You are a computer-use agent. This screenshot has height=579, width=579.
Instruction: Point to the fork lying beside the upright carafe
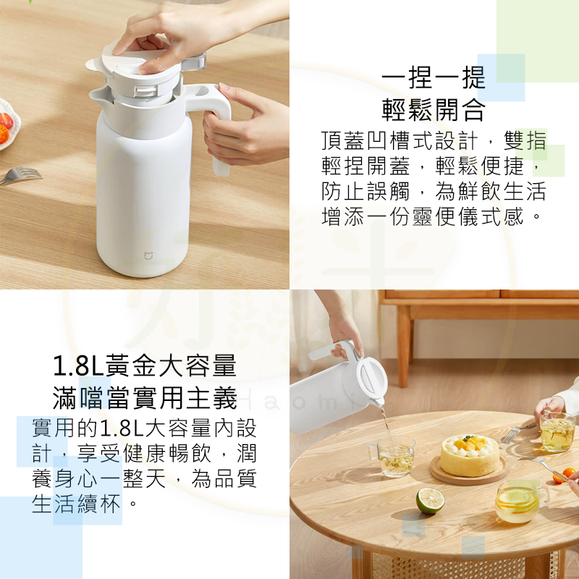click(x=20, y=175)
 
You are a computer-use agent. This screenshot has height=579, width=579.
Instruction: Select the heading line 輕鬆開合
click(x=433, y=109)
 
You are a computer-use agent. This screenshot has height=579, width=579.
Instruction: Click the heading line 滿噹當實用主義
click(x=145, y=397)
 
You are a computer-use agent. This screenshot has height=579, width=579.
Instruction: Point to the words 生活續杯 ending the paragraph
click(x=76, y=504)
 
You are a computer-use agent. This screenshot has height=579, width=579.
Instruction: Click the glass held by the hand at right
click(x=557, y=431)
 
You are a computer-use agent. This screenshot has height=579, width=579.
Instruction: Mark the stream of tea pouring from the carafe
click(x=385, y=420)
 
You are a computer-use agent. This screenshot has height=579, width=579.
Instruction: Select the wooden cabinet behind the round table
click(x=478, y=318)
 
